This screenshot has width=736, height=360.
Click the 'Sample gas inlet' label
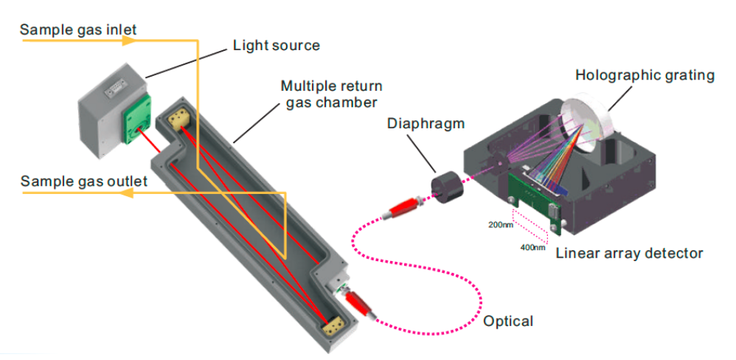tap(78, 30)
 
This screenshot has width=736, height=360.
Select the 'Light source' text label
tap(276, 46)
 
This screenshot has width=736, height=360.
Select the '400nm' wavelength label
tap(532, 247)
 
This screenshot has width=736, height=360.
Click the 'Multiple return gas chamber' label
tap(330, 94)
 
